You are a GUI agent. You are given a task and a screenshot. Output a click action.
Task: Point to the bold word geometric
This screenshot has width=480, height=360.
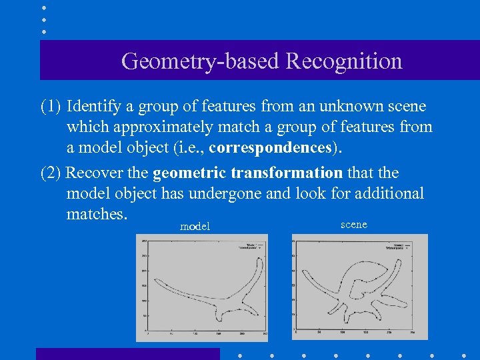coord(189,173)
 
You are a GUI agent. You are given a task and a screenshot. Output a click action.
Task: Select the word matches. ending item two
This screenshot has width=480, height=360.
coord(97,214)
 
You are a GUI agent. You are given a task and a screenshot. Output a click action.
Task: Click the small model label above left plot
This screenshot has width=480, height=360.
coord(195,227)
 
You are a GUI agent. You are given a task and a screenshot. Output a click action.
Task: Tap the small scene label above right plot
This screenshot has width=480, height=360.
coord(353,225)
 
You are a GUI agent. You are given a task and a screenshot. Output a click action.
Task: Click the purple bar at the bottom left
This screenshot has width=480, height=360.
coord(127,353)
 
